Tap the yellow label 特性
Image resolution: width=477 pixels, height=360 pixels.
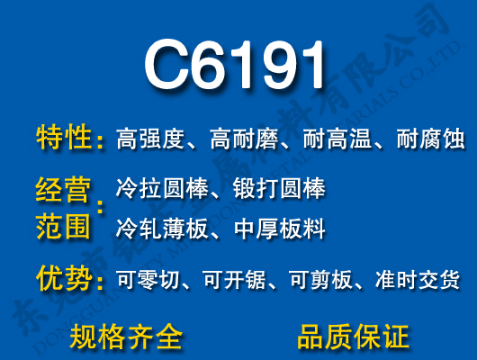point(65,139)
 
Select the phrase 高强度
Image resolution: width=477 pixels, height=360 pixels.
point(149,139)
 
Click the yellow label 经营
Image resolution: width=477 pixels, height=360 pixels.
point(63,190)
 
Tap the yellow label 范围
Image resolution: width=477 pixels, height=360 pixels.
point(63,227)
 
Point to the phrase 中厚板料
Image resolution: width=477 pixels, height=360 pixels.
point(278,229)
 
